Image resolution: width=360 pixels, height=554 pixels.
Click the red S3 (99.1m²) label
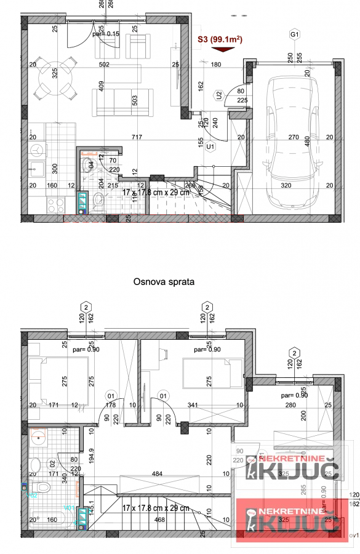219,41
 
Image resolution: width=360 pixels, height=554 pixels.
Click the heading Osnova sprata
164,282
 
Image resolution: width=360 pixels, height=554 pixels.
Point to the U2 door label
219,95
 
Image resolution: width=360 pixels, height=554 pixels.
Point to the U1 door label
210,147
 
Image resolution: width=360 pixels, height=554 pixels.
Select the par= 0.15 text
106,34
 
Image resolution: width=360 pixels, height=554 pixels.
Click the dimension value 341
192,404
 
